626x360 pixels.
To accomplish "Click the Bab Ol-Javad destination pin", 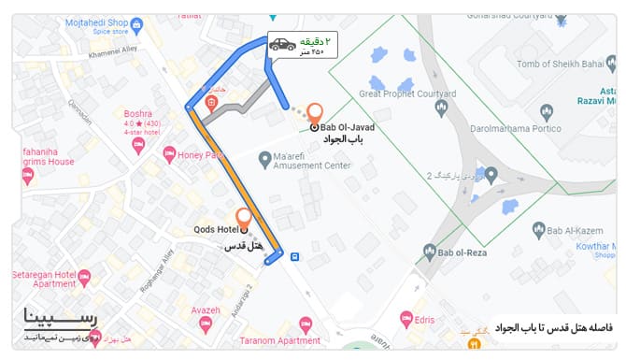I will point(315,111).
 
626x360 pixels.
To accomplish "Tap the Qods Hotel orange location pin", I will point(244,217).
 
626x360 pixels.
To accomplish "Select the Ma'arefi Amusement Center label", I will point(311,161).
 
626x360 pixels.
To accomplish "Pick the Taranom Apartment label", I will point(279,340).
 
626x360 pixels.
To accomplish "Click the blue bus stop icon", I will point(294,256).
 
